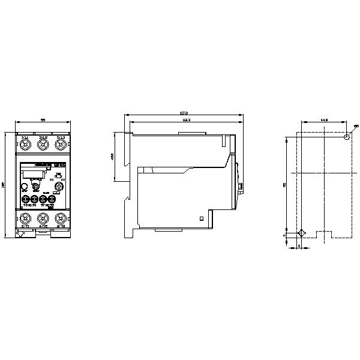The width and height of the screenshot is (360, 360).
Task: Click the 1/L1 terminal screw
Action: (25, 145)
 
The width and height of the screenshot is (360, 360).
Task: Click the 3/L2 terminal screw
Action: (43, 145)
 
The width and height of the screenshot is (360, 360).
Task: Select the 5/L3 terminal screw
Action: (60, 145)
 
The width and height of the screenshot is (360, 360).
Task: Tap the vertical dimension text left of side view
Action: (113, 157)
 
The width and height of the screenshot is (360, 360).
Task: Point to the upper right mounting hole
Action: (347, 137)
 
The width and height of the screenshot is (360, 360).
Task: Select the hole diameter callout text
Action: (356, 126)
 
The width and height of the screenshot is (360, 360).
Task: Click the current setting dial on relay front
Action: (59, 185)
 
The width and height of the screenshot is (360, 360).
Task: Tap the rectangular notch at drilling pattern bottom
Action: (323, 235)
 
